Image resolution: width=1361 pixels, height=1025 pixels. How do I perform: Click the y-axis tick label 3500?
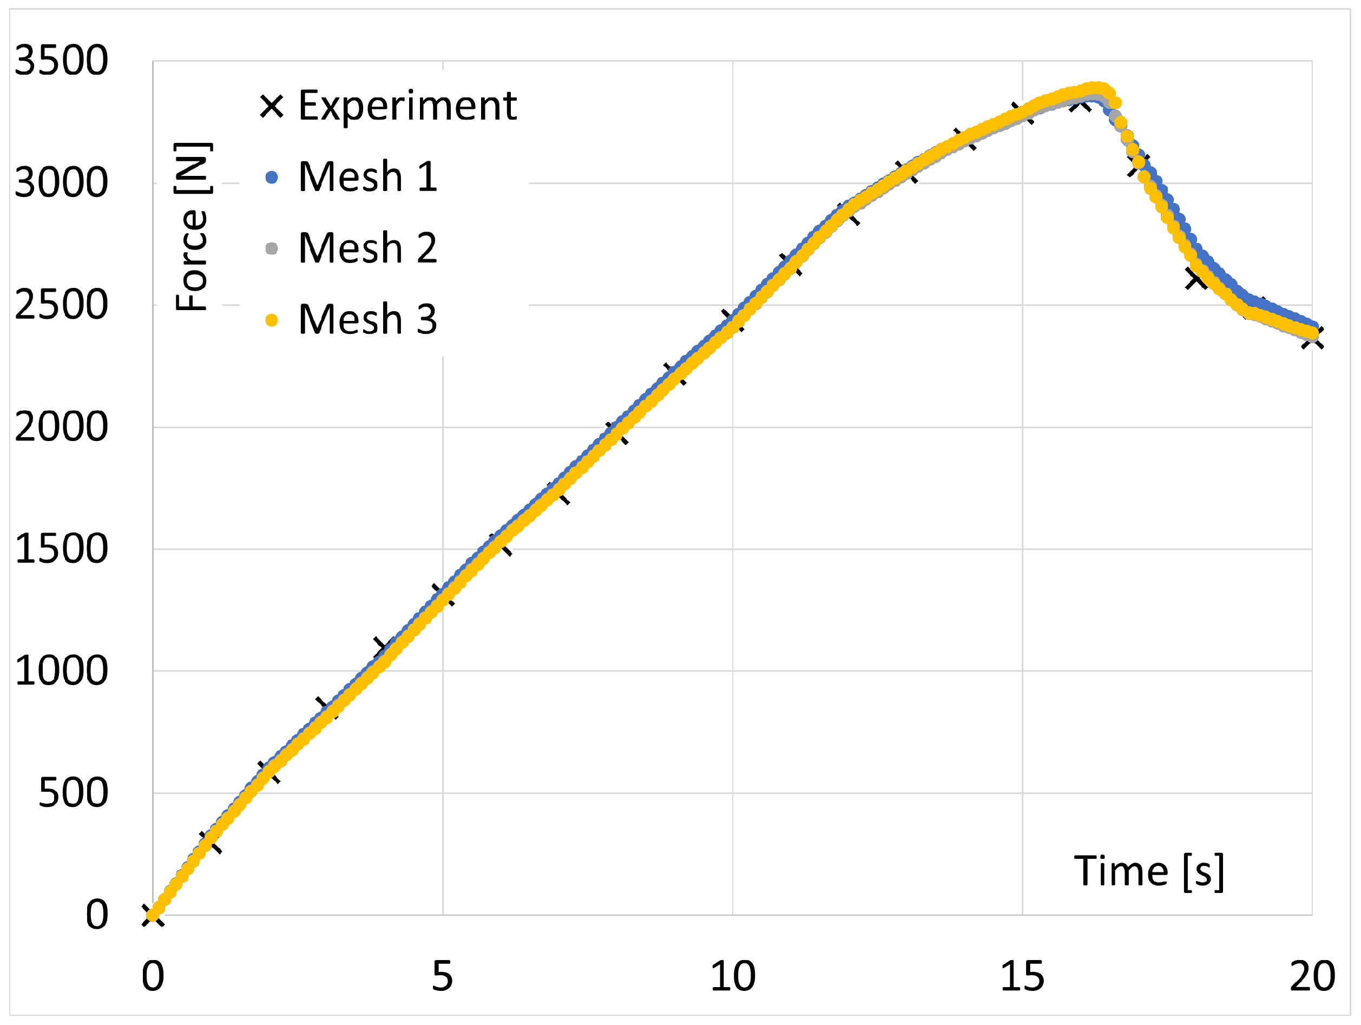point(61,61)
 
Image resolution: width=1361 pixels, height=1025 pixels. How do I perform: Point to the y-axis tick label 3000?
point(61,183)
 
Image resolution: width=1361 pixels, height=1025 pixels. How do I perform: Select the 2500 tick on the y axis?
point(61,305)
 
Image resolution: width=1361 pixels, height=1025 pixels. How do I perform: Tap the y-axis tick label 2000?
point(61,427)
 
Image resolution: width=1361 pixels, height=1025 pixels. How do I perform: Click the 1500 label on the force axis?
point(61,549)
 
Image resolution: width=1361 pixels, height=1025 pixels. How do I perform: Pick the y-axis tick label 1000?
point(61,671)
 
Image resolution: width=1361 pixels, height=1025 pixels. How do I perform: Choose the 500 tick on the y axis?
point(73,793)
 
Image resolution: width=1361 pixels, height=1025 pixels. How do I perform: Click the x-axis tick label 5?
point(442,976)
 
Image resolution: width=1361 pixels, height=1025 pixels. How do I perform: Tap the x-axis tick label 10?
point(732,976)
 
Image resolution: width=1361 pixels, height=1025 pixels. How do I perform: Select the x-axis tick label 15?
point(1022,976)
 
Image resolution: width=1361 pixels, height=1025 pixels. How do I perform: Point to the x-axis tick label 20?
point(1312,976)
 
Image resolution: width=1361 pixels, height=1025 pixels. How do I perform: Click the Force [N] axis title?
point(193,226)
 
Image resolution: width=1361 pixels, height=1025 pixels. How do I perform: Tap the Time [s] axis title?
point(1149,871)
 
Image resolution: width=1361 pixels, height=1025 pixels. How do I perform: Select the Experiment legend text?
point(407,106)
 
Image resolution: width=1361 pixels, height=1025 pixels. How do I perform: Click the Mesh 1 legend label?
point(367,177)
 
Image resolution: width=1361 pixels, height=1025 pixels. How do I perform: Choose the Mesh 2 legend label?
point(367,248)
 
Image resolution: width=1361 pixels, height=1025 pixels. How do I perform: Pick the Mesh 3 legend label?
point(367,320)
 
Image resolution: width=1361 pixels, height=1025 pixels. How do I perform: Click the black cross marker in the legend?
point(271,107)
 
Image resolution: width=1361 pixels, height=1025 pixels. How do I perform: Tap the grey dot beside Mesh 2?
point(271,248)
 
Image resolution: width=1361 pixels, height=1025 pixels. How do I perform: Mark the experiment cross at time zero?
point(152,915)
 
